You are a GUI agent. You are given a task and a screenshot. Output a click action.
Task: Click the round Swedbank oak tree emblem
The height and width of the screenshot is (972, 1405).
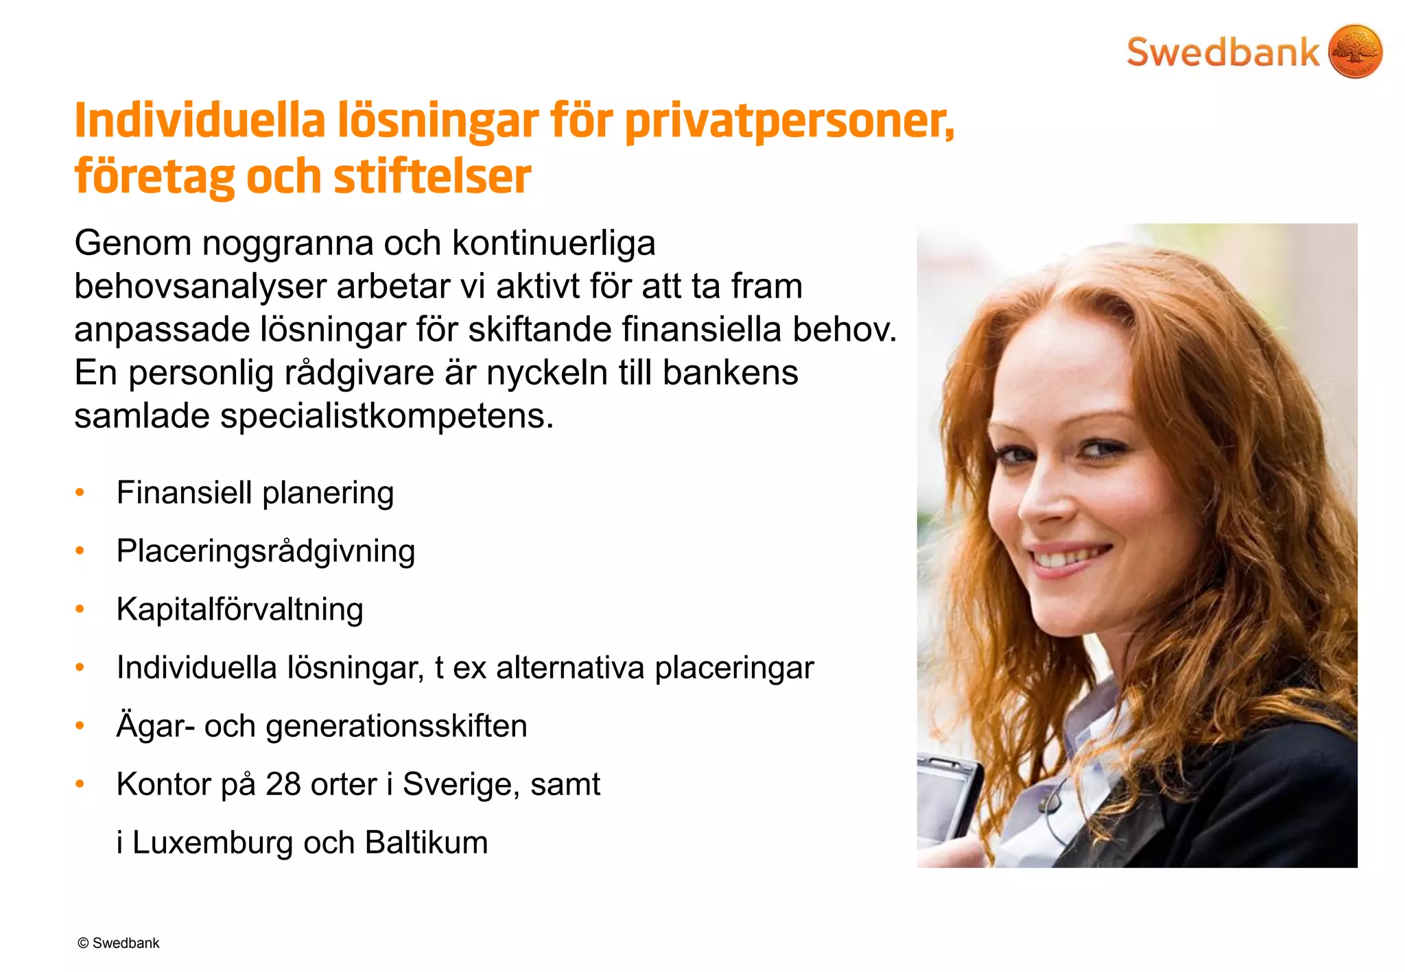point(1355,51)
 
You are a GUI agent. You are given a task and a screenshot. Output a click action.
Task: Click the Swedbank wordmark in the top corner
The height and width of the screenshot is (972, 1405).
point(1223,53)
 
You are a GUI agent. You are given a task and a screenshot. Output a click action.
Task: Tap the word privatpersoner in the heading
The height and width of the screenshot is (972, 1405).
point(789,121)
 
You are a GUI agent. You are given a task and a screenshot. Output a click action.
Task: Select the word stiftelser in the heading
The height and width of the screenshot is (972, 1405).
point(432,176)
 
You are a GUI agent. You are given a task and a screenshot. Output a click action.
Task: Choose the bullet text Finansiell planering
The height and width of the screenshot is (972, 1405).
point(255,493)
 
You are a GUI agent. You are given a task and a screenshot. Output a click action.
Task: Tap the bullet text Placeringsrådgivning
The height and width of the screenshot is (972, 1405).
point(265,551)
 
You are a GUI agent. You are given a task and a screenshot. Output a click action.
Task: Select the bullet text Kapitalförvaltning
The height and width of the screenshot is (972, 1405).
point(239,609)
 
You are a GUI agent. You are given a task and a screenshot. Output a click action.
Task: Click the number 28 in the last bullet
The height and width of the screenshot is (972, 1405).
point(283,784)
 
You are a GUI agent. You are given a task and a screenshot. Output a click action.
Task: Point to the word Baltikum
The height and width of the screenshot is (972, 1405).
point(426,842)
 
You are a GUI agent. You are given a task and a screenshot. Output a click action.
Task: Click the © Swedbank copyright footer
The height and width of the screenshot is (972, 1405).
point(118,943)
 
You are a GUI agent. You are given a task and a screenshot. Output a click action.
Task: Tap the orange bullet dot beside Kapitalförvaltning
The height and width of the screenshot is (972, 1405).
point(80,609)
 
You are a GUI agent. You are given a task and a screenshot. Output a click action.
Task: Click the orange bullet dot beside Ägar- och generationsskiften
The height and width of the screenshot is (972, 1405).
point(80,726)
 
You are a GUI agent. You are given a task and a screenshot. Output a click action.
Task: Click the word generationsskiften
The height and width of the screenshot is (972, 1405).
point(397,727)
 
